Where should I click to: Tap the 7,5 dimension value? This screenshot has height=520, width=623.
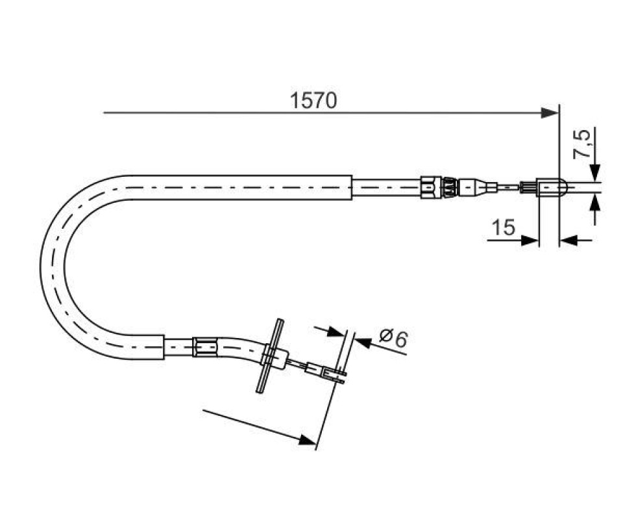click(581, 144)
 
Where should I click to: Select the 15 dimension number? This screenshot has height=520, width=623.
click(504, 227)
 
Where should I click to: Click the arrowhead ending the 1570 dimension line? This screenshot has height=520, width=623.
click(550, 112)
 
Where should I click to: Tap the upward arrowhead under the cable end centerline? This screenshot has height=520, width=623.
click(595, 203)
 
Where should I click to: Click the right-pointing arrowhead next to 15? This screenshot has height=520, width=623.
click(530, 240)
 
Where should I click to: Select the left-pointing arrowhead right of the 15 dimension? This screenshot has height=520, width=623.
click(568, 240)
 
